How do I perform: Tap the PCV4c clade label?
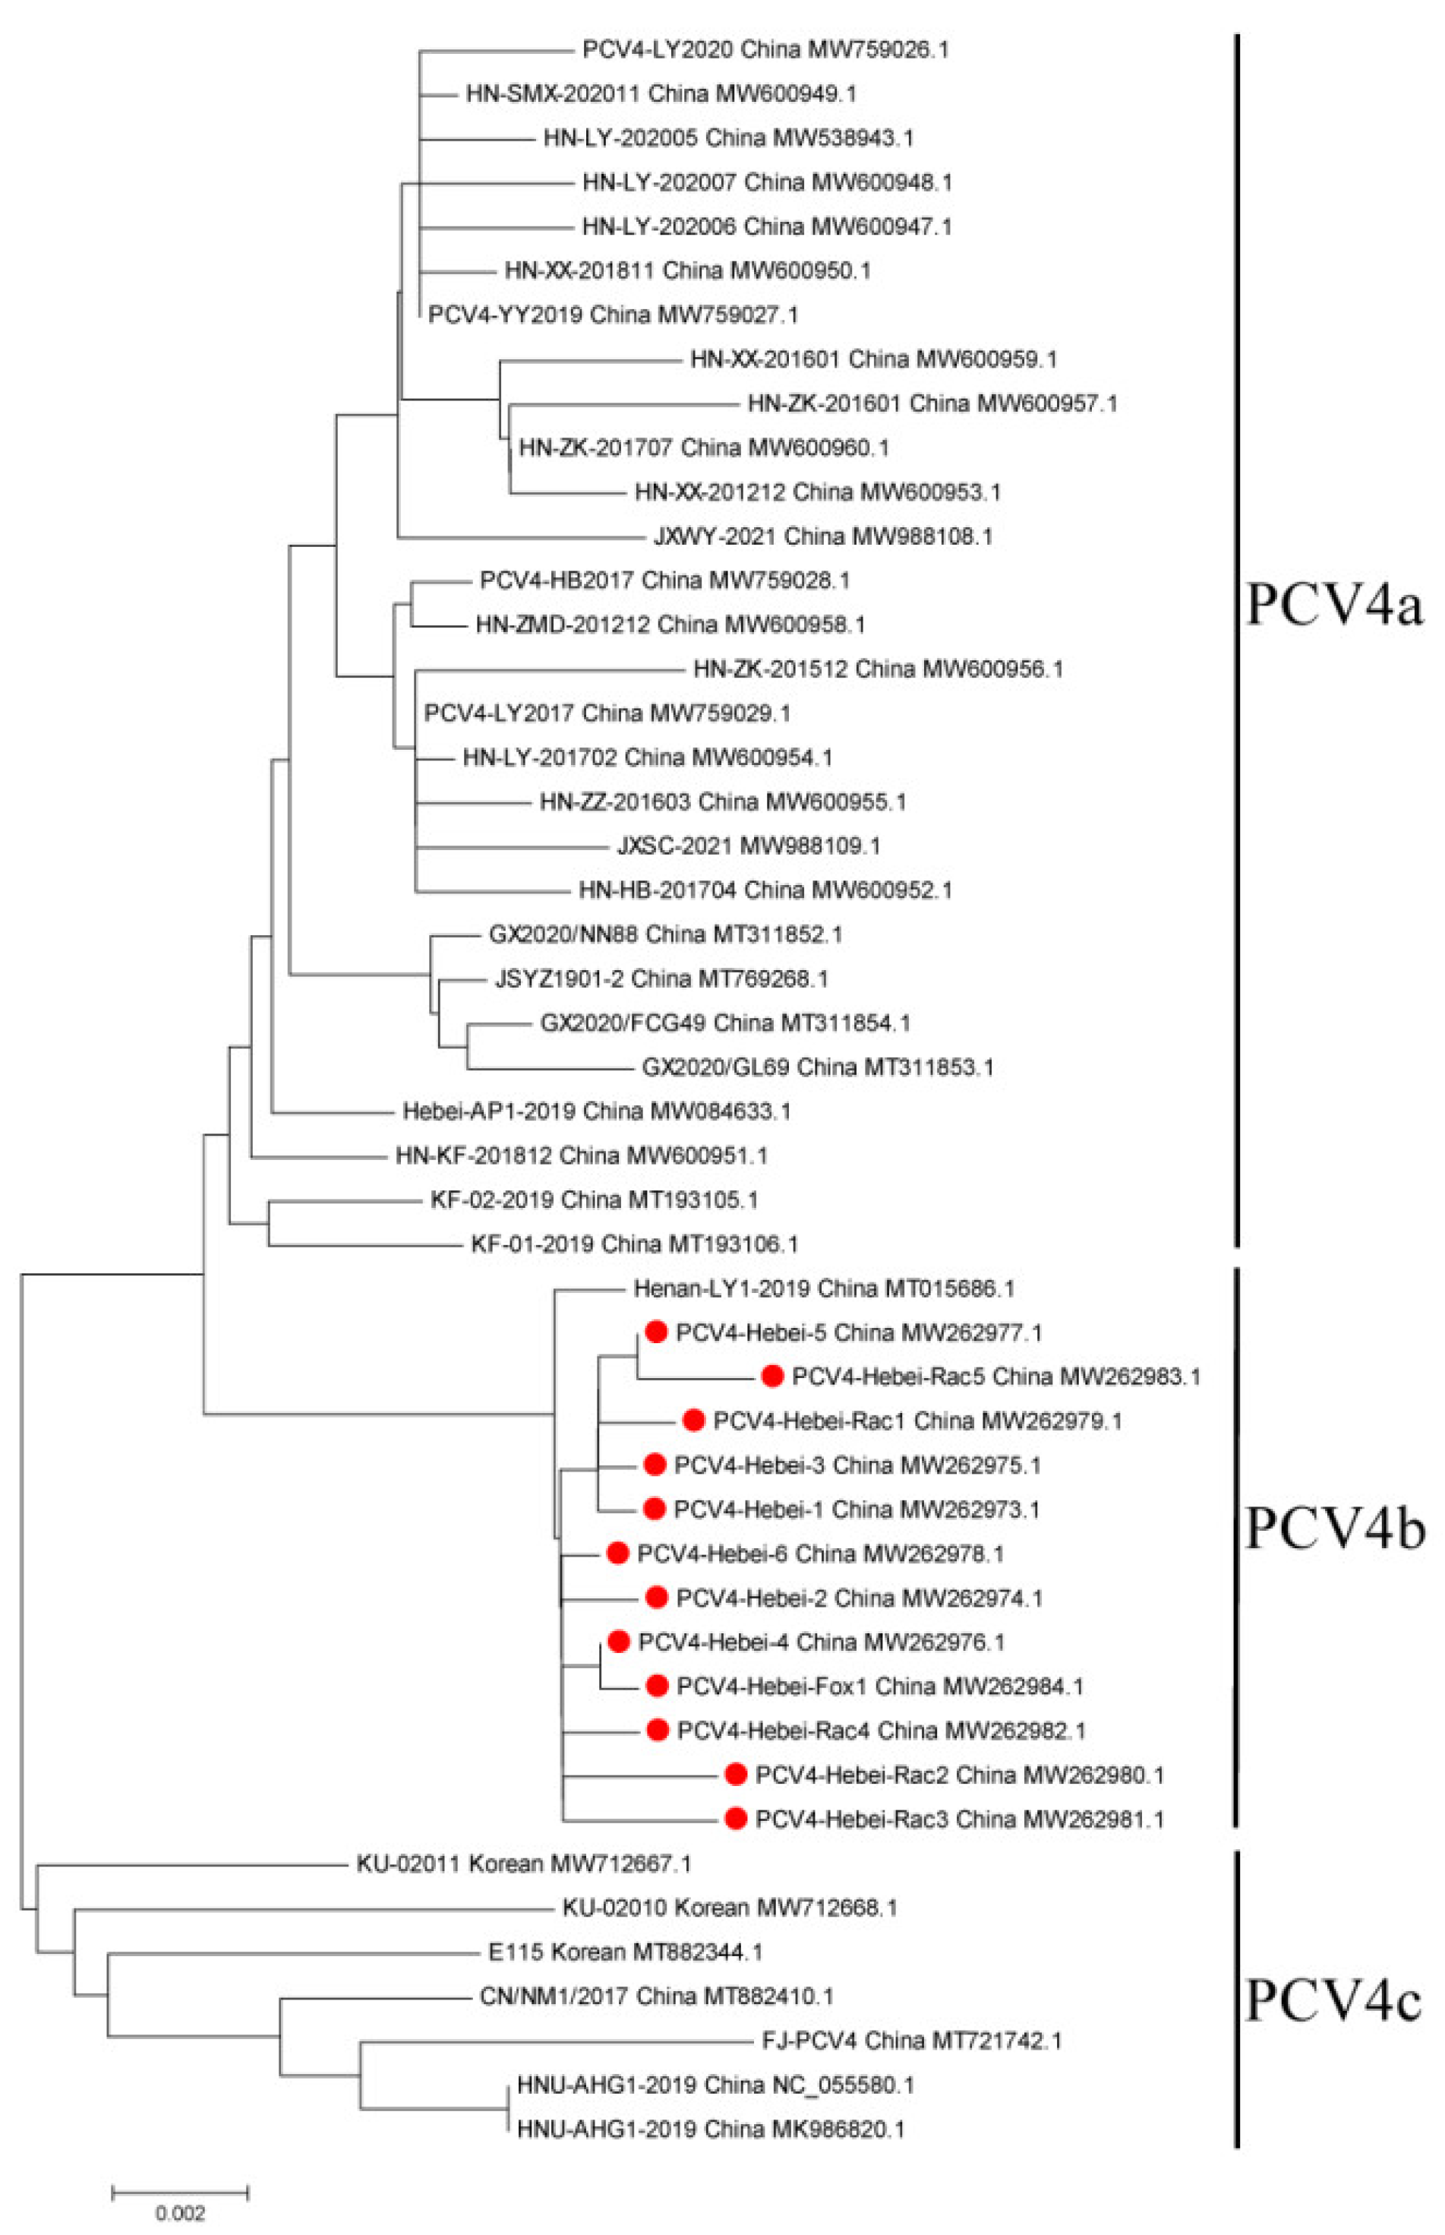[x=1333, y=2000]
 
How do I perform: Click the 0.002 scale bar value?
[x=179, y=2214]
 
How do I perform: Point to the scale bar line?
[x=179, y=2192]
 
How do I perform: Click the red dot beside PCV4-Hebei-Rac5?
[x=772, y=1376]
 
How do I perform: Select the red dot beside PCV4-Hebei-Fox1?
[x=658, y=1686]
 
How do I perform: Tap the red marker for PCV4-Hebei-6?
[x=617, y=1554]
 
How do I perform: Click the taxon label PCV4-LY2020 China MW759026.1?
[x=765, y=49]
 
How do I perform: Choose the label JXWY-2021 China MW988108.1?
[x=823, y=536]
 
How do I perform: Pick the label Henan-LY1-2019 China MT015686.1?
[x=824, y=1288]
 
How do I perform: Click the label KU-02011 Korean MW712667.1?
[x=524, y=1864]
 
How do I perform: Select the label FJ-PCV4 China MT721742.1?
[x=912, y=2040]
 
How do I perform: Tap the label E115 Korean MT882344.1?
[x=625, y=1952]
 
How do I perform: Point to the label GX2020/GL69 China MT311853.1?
[x=817, y=1067]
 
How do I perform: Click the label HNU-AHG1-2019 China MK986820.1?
[x=710, y=2129]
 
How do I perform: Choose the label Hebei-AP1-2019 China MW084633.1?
[x=597, y=1111]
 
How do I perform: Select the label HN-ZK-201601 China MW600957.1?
[x=932, y=403]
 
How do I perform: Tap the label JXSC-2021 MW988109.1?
[x=749, y=846]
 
